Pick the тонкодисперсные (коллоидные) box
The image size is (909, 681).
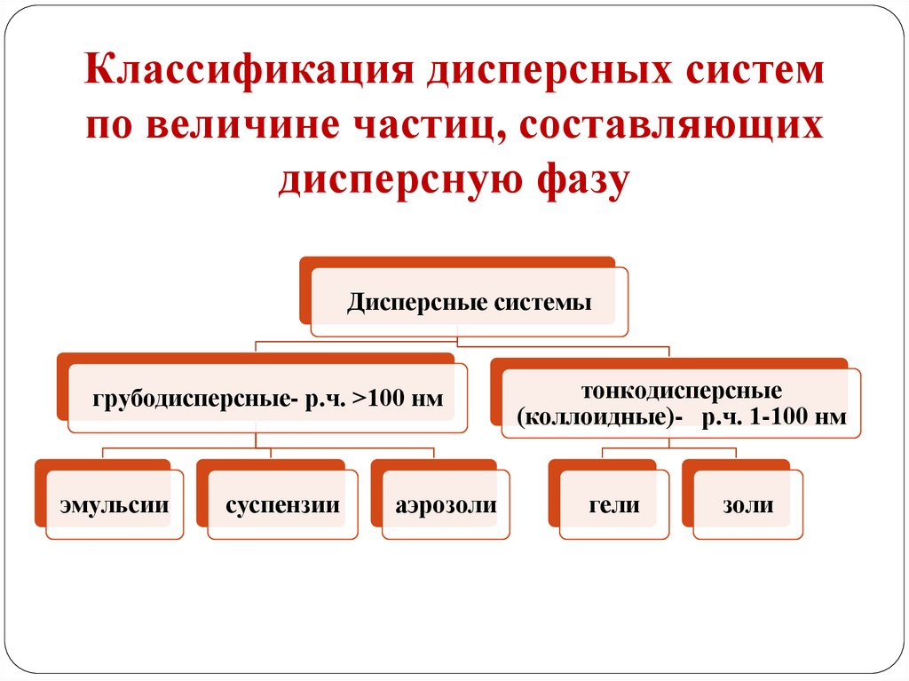coord(681,404)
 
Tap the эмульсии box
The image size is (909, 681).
coord(115,505)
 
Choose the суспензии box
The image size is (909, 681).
coord(282,505)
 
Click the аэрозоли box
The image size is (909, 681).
coord(447,505)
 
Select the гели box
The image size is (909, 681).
coord(613,505)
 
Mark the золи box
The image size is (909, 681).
coord(747,505)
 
